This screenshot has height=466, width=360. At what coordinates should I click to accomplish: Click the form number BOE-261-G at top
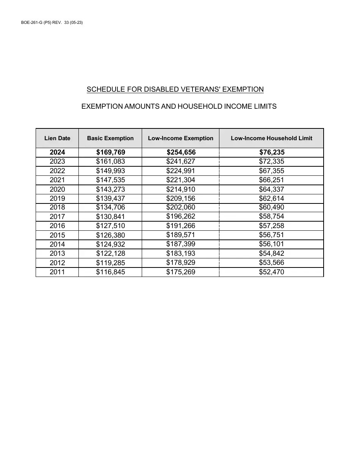[34, 23]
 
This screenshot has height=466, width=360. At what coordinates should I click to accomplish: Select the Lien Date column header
[57, 138]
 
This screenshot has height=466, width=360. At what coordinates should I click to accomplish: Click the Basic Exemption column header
[110, 138]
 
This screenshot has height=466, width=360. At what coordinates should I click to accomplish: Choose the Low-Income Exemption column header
[181, 138]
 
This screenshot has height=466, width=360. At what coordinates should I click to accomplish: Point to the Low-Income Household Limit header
[271, 138]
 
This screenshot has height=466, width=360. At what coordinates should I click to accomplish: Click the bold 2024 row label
[57, 152]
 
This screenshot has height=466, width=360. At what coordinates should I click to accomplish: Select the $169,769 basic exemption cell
[110, 152]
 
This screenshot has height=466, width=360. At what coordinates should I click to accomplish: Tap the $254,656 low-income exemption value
[181, 152]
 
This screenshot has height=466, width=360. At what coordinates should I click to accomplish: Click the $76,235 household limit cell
[271, 152]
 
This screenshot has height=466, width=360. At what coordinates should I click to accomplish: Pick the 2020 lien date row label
[57, 189]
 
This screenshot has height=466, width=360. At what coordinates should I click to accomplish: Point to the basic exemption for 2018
[110, 207]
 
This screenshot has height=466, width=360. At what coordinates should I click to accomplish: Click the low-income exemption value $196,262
[181, 216]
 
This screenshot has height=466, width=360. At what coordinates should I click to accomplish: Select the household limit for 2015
[271, 235]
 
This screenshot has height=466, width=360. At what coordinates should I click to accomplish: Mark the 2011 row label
[57, 272]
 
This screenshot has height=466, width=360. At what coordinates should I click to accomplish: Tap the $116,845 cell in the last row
[110, 272]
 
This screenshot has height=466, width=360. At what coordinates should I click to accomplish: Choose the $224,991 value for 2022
[181, 171]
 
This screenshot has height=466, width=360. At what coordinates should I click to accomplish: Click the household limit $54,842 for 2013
[271, 253]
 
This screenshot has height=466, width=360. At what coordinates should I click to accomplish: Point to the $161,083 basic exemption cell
[110, 161]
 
